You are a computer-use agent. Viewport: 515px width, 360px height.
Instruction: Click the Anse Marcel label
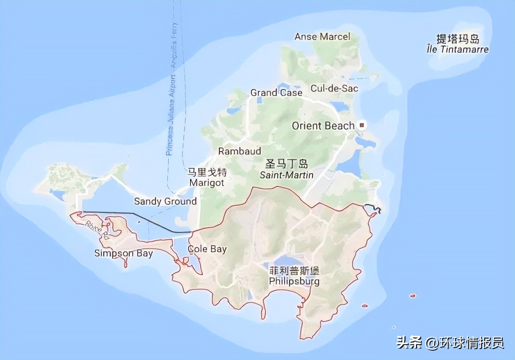(322, 37)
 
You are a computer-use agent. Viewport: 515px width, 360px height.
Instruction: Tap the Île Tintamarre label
(458, 49)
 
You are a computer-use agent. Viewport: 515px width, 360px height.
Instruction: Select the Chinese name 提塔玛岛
(458, 39)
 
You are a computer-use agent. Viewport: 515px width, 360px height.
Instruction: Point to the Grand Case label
(276, 93)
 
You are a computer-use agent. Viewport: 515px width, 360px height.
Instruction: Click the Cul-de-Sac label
(334, 88)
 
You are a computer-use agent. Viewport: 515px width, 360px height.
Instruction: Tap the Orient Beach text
(323, 126)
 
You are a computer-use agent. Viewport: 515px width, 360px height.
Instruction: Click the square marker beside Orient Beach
(361, 125)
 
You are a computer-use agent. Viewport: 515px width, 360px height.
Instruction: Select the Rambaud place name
(239, 151)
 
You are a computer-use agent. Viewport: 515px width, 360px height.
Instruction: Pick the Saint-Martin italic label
(287, 175)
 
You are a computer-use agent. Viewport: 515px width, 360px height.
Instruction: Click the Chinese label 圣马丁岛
(287, 164)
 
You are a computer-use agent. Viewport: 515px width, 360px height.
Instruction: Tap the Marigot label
(207, 183)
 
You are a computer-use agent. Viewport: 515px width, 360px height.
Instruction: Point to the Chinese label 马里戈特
(207, 172)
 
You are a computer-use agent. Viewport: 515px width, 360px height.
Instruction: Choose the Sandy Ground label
(165, 201)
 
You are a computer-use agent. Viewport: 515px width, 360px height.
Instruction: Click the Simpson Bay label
(123, 253)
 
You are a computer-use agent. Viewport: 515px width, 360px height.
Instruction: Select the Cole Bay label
(207, 249)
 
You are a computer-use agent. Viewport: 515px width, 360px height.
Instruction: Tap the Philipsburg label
(294, 281)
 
